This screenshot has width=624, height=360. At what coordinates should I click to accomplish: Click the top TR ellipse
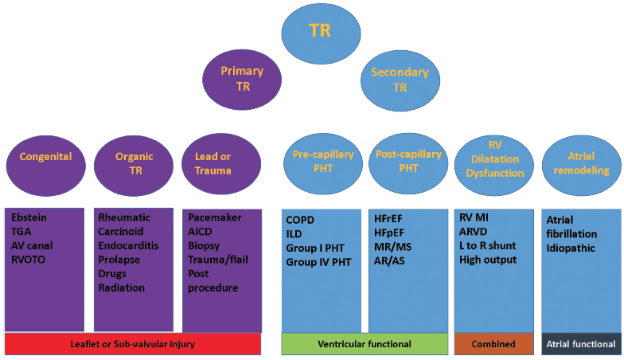(319, 30)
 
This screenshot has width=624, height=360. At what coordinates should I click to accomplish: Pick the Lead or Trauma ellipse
(213, 162)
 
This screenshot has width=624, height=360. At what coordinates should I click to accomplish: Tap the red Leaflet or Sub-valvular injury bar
(132, 344)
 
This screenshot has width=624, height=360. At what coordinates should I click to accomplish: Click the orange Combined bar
(493, 344)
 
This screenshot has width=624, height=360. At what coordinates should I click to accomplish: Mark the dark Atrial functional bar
(580, 344)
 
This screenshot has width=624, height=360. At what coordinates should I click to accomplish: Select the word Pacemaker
(215, 217)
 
